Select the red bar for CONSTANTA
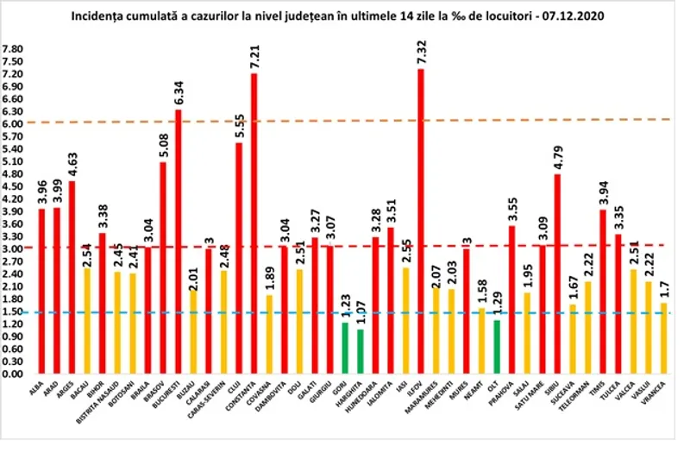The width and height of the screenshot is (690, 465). pos(254,223)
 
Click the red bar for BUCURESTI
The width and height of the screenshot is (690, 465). pos(178,242)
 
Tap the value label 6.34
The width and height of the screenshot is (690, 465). pos(178,89)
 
